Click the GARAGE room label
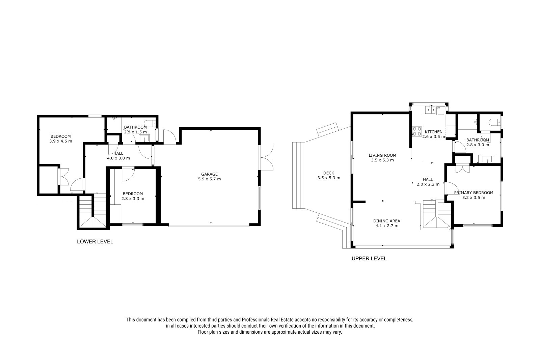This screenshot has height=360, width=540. pyautogui.click(x=209, y=174)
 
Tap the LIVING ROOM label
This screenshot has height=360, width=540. pyautogui.click(x=382, y=155)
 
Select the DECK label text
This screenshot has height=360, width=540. pyautogui.click(x=329, y=173)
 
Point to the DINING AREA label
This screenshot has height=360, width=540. pyautogui.click(x=387, y=221)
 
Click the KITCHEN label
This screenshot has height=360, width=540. pyautogui.click(x=433, y=132)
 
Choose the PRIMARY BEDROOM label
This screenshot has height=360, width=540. pyautogui.click(x=474, y=192)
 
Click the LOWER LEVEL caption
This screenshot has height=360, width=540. pyautogui.click(x=95, y=241)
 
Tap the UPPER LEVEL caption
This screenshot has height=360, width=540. pyautogui.click(x=369, y=258)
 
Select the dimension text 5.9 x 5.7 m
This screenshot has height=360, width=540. pyautogui.click(x=209, y=179)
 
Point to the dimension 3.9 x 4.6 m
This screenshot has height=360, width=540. pyautogui.click(x=60, y=141)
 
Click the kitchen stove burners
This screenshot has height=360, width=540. pyautogui.click(x=417, y=131)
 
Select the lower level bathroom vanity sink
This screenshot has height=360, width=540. pyautogui.click(x=144, y=138)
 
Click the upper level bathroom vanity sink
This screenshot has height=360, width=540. pyautogui.click(x=487, y=159)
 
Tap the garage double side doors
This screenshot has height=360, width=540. pyautogui.click(x=266, y=158)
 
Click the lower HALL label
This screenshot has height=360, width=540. pyautogui.click(x=118, y=153)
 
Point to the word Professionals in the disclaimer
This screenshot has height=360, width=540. pyautogui.click(x=256, y=320)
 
